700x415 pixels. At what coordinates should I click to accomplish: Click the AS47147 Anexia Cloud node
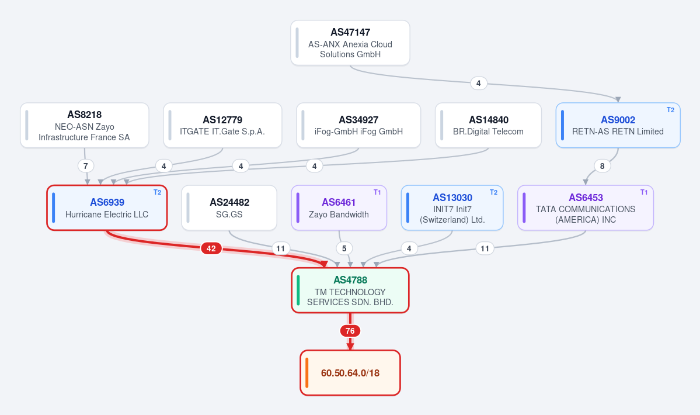[350, 43]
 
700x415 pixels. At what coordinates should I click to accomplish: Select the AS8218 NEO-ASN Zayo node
[85, 126]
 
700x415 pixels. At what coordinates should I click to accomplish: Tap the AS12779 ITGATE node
[222, 126]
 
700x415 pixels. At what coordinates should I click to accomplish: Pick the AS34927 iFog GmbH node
[358, 126]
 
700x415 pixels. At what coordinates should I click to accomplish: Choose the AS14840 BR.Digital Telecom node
[489, 126]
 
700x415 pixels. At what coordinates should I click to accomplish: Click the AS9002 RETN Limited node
[618, 126]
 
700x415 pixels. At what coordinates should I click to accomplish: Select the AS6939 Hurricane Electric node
[107, 207]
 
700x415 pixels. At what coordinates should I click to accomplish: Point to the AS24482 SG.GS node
[229, 207]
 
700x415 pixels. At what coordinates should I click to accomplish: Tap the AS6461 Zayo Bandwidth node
[339, 207]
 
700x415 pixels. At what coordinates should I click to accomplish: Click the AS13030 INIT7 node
[452, 207]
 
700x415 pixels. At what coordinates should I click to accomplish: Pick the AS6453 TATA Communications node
[586, 207]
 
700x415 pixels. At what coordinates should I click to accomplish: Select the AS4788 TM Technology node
[350, 290]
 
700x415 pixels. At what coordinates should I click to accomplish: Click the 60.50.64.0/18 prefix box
[350, 372]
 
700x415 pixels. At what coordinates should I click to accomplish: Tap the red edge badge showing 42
[211, 248]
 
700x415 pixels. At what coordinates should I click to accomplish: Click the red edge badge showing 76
[350, 331]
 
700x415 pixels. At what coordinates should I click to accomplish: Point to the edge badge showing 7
[86, 166]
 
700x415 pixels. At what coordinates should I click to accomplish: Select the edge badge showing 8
[603, 166]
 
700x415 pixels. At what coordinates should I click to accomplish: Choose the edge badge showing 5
[344, 248]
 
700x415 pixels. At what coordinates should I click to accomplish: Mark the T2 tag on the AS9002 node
[671, 110]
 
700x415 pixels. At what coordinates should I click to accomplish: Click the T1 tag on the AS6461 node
[377, 192]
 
